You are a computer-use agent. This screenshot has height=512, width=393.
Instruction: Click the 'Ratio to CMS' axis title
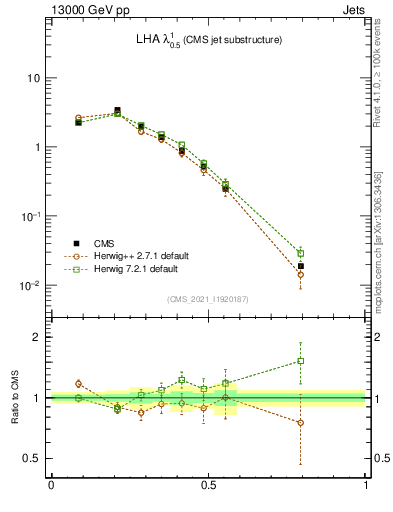(13, 398)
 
